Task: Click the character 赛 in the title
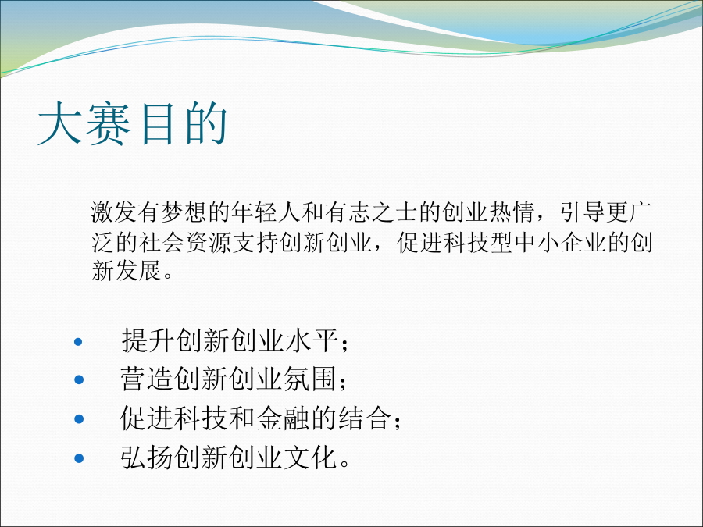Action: (x=108, y=123)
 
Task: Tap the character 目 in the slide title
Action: (x=157, y=123)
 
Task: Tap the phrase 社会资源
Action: (x=184, y=243)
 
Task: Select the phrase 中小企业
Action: (x=560, y=243)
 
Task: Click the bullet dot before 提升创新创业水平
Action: (x=78, y=342)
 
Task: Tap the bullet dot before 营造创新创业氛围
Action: (x=78, y=380)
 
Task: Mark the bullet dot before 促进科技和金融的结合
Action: (x=78, y=419)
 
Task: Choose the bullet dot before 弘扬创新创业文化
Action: (x=78, y=458)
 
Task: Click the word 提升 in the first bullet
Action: (x=147, y=340)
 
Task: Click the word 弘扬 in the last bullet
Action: (x=147, y=457)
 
